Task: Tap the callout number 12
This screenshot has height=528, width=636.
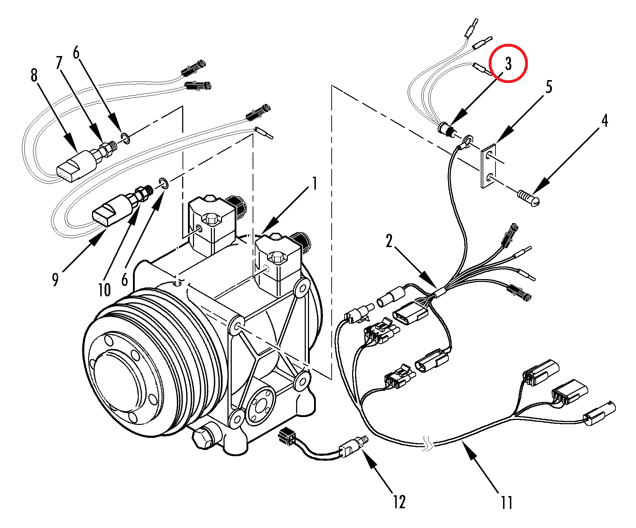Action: (399, 502)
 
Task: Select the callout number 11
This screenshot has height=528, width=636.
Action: (507, 502)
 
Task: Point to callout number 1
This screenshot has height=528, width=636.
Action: (314, 184)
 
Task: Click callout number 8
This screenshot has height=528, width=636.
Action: (34, 75)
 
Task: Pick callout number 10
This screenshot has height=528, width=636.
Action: (105, 290)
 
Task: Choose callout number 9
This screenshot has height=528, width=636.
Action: (55, 279)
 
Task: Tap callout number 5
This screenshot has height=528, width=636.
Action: (549, 87)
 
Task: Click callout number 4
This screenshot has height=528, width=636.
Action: (605, 121)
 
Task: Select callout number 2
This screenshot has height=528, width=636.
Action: (389, 241)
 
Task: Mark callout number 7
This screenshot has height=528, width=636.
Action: (59, 62)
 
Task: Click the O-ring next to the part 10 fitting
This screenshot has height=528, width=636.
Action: (163, 183)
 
